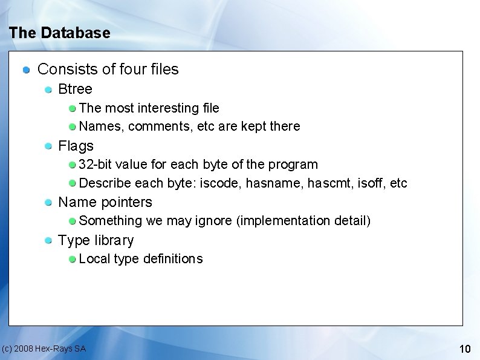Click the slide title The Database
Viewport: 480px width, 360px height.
pos(60,33)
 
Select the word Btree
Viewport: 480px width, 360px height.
pos(75,90)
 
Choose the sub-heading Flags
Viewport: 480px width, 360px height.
pos(76,146)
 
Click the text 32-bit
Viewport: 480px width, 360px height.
pos(95,165)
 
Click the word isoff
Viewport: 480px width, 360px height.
pos(372,183)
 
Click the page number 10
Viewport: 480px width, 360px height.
pos(465,349)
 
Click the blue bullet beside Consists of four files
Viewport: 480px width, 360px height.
pos(27,70)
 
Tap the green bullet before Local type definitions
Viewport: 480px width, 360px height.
pos(72,259)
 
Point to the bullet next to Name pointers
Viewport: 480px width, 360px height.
pos(48,203)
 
